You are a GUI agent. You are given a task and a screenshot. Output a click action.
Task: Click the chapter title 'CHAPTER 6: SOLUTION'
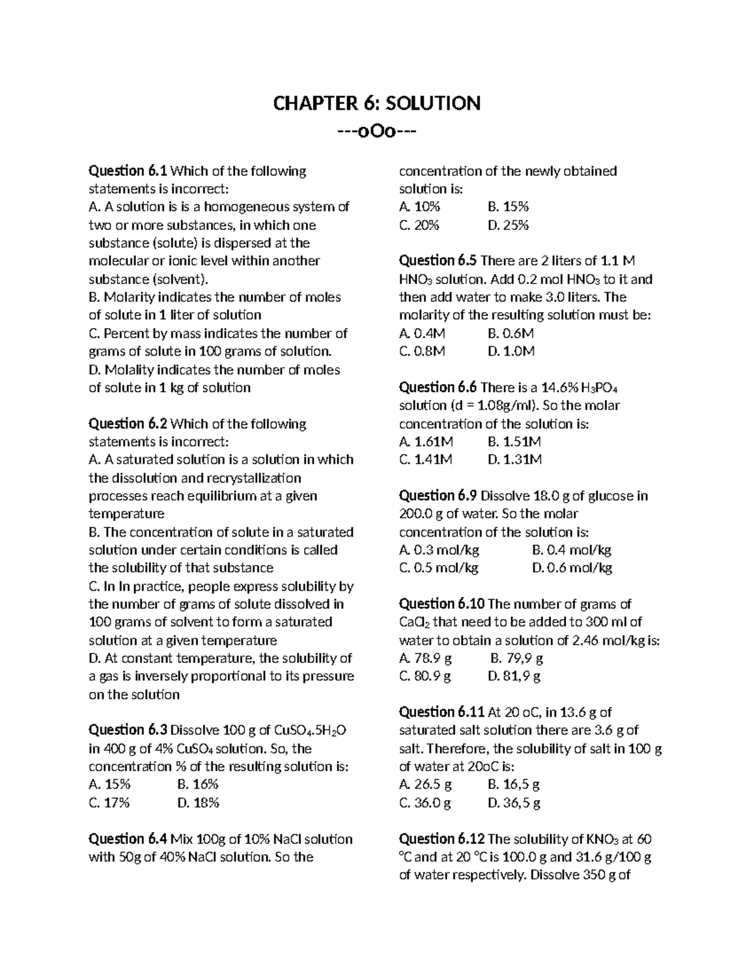coord(376,103)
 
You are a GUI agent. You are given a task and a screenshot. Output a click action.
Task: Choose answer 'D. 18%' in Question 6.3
coord(198,803)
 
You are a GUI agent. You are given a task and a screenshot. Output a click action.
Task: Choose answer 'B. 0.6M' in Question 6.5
coord(510,334)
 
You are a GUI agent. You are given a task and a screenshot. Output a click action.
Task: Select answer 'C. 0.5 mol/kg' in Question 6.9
coord(439,568)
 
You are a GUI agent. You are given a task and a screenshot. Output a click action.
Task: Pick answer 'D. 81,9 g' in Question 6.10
coord(514,676)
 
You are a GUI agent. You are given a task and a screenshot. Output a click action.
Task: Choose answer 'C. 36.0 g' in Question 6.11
coord(425,803)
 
